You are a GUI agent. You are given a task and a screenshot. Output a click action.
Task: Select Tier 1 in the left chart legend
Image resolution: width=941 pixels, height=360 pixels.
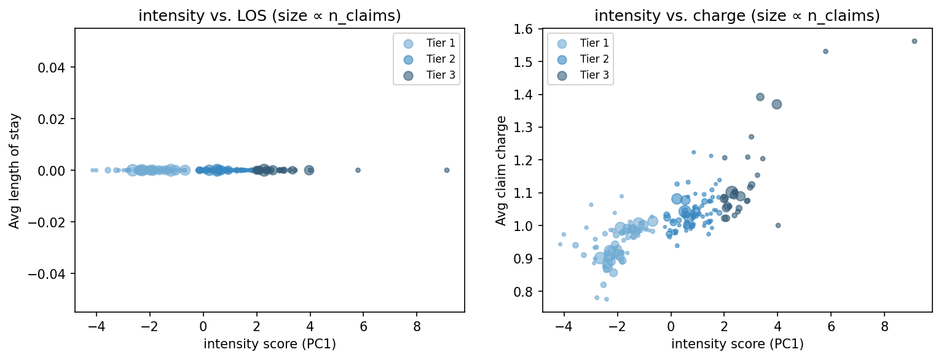439,43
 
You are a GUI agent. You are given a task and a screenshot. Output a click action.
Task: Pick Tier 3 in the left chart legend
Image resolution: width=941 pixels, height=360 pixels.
439,75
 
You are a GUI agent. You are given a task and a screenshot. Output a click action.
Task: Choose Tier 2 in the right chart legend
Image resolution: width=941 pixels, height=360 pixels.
593,59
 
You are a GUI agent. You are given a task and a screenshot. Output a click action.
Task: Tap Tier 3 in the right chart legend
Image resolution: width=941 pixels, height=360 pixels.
593,75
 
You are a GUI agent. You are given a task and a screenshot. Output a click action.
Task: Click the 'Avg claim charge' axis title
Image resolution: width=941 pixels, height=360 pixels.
502,170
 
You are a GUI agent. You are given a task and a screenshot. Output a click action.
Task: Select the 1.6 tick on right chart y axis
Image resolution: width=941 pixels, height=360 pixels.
529,29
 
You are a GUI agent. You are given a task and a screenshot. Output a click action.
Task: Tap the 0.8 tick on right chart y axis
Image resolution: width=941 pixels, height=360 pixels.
529,291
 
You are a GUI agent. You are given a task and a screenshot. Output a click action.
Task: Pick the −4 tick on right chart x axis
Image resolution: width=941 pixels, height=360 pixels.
561,326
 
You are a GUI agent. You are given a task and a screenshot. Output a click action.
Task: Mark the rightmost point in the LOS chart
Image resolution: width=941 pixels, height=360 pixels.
447,170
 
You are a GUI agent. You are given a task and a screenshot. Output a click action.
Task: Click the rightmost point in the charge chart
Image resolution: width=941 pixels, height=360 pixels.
915,41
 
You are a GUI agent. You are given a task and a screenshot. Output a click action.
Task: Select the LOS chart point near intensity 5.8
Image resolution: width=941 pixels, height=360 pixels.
358,170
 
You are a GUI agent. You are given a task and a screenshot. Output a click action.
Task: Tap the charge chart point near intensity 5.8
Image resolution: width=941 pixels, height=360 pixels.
825,52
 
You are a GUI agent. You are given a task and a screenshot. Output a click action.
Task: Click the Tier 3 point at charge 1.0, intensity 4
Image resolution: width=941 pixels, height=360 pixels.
778,225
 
